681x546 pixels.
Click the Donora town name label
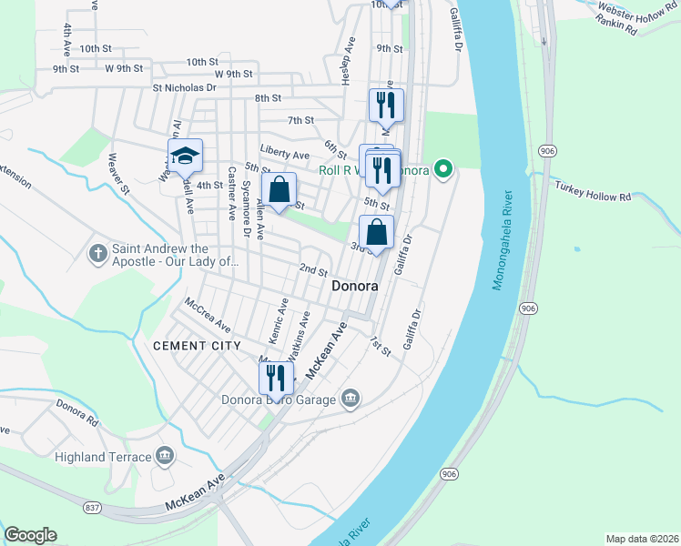(354, 285)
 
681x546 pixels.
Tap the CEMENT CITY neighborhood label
(197, 346)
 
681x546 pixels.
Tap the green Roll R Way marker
(443, 168)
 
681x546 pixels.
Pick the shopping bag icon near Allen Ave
(280, 191)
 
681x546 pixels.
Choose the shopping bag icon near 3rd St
(376, 233)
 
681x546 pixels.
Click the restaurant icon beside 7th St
(386, 105)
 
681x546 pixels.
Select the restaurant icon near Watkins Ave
(276, 378)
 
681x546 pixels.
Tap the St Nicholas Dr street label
(184, 88)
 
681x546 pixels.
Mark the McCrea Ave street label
(208, 314)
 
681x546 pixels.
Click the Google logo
(30, 535)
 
